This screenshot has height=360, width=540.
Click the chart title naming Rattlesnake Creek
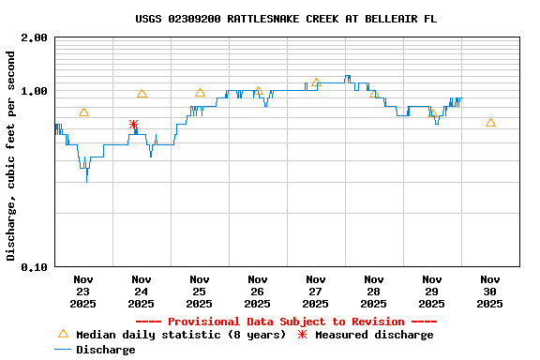click(x=285, y=19)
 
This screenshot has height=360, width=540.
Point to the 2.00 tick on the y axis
click(x=34, y=38)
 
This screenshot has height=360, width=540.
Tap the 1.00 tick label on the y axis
click(x=34, y=91)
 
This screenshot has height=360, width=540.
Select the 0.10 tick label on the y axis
click(x=34, y=266)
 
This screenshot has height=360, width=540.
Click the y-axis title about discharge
click(x=11, y=156)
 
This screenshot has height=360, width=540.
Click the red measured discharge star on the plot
click(x=133, y=125)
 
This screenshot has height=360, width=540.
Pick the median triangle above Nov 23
click(x=83, y=112)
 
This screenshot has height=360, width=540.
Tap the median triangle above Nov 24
click(x=142, y=94)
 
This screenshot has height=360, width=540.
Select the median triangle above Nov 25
click(x=200, y=93)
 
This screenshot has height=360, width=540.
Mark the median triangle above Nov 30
click(x=490, y=123)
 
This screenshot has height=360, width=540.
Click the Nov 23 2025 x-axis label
click(x=83, y=291)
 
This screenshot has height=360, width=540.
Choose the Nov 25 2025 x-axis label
click(x=200, y=291)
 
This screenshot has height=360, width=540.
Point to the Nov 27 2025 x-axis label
click(x=316, y=291)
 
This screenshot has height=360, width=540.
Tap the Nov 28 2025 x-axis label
click(x=374, y=291)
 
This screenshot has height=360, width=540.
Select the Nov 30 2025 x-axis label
click(x=490, y=291)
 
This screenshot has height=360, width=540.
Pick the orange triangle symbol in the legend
click(x=63, y=334)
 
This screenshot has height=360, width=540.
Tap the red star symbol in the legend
click(x=302, y=335)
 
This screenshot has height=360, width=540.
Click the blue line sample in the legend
click(x=63, y=350)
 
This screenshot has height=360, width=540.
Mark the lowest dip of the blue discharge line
click(x=87, y=179)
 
